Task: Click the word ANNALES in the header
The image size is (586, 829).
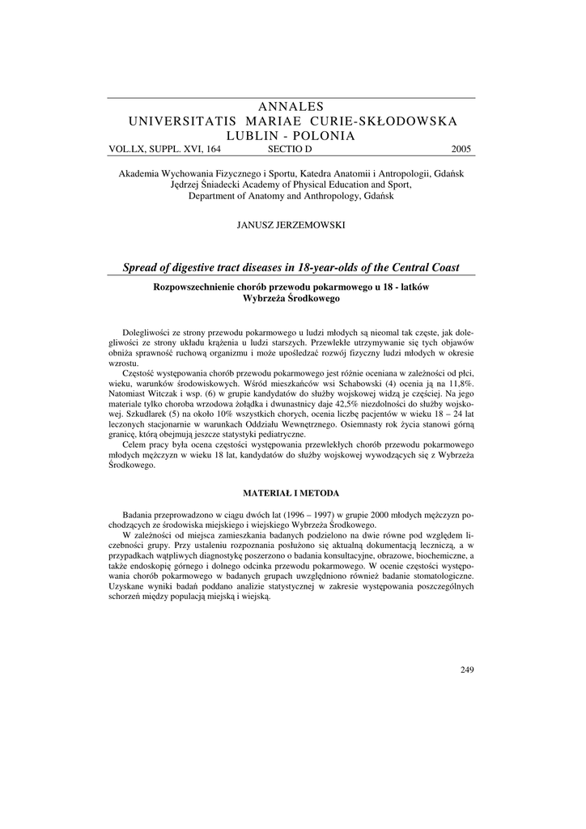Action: pyautogui.click(x=292, y=107)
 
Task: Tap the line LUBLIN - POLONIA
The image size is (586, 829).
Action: pyautogui.click(x=292, y=136)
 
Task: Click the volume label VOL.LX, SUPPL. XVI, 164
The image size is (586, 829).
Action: pyautogui.click(x=164, y=149)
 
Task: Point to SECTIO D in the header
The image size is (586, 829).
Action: pyautogui.click(x=289, y=149)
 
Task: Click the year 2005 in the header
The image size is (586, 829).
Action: pyautogui.click(x=461, y=149)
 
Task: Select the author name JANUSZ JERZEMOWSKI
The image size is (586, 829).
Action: pyautogui.click(x=290, y=225)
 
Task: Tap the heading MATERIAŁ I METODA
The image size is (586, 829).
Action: pyautogui.click(x=292, y=492)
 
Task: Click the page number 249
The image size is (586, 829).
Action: pyautogui.click(x=466, y=669)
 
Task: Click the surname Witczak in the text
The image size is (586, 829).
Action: pyautogui.click(x=170, y=393)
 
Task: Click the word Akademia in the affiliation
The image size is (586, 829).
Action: pyautogui.click(x=139, y=174)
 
